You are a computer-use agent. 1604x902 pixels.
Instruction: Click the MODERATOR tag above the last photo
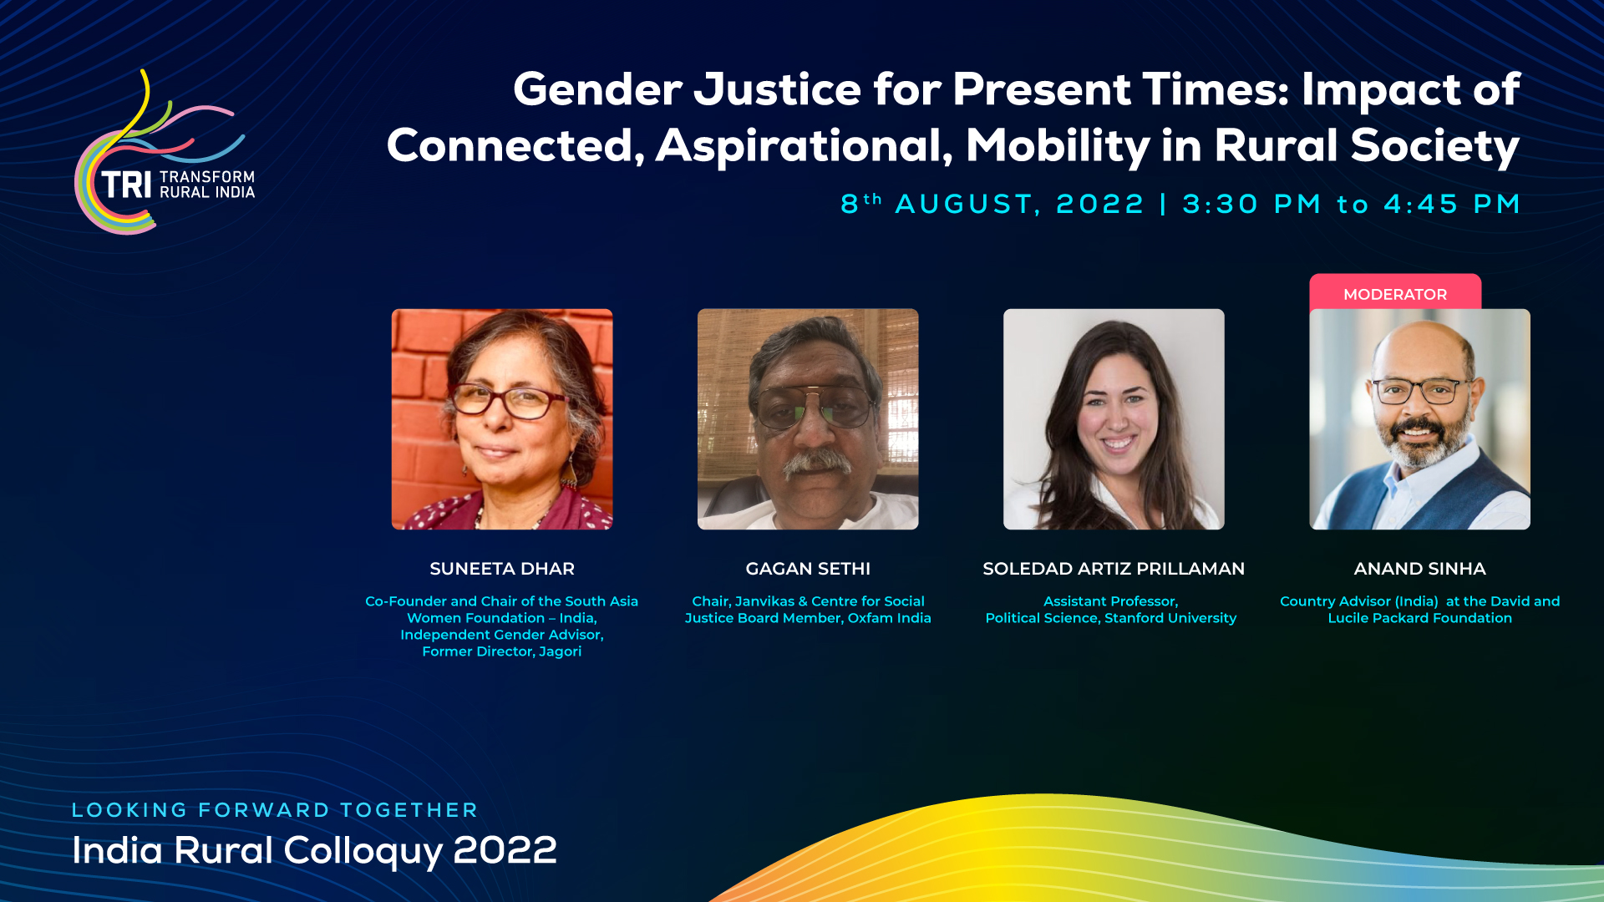click(1395, 293)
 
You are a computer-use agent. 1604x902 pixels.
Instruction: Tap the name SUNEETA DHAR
click(502, 569)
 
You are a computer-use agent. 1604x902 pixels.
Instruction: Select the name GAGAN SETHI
click(808, 569)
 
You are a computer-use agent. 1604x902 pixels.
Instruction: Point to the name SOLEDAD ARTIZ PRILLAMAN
click(1114, 569)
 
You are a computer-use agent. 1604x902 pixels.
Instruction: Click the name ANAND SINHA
click(1419, 569)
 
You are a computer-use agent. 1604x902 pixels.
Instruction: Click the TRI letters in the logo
click(126, 185)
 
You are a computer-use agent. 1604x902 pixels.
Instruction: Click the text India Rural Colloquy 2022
click(314, 851)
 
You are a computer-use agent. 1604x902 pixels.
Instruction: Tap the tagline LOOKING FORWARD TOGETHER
click(275, 810)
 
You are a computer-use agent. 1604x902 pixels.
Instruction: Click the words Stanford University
click(1170, 618)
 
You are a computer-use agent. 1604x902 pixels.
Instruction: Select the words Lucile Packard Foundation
click(1420, 618)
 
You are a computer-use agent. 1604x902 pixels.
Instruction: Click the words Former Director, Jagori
click(502, 651)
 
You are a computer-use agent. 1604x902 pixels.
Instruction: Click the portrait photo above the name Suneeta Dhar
click(502, 419)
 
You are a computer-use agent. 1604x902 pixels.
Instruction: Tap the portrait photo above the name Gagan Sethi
click(808, 419)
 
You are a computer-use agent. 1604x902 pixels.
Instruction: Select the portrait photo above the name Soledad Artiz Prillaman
click(1114, 419)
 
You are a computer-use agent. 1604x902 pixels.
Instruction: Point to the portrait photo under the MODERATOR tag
click(1419, 419)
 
